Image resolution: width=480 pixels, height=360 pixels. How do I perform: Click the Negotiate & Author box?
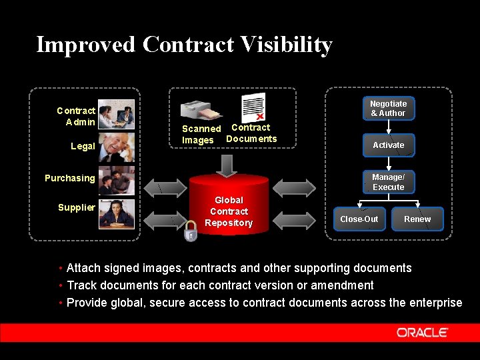pyautogui.click(x=388, y=109)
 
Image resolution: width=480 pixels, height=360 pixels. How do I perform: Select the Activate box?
pyautogui.click(x=388, y=145)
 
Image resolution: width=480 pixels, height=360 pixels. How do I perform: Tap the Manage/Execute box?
pyautogui.click(x=388, y=182)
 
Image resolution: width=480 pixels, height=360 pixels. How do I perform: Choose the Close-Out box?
pyautogui.click(x=359, y=219)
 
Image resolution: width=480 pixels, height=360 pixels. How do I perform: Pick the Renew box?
pyautogui.click(x=417, y=219)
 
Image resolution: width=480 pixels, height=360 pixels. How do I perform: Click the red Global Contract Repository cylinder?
pyautogui.click(x=229, y=206)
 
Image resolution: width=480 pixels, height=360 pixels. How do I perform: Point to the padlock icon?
pyautogui.click(x=191, y=232)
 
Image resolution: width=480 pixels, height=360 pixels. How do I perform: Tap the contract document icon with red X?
pyautogui.click(x=253, y=107)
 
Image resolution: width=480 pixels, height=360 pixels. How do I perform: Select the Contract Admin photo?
pyautogui.click(x=117, y=114)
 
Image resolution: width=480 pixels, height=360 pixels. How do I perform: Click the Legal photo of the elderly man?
pyautogui.click(x=117, y=148)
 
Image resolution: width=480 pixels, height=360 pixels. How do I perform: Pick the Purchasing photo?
pyautogui.click(x=117, y=181)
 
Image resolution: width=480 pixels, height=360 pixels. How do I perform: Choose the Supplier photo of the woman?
pyautogui.click(x=117, y=213)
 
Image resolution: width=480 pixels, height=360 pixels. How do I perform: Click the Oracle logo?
pyautogui.click(x=422, y=332)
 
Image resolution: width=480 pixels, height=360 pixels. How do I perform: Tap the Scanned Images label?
pyautogui.click(x=200, y=134)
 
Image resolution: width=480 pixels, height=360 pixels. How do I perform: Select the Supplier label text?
pyautogui.click(x=76, y=207)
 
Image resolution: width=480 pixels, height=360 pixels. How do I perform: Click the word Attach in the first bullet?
pyautogui.click(x=83, y=268)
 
